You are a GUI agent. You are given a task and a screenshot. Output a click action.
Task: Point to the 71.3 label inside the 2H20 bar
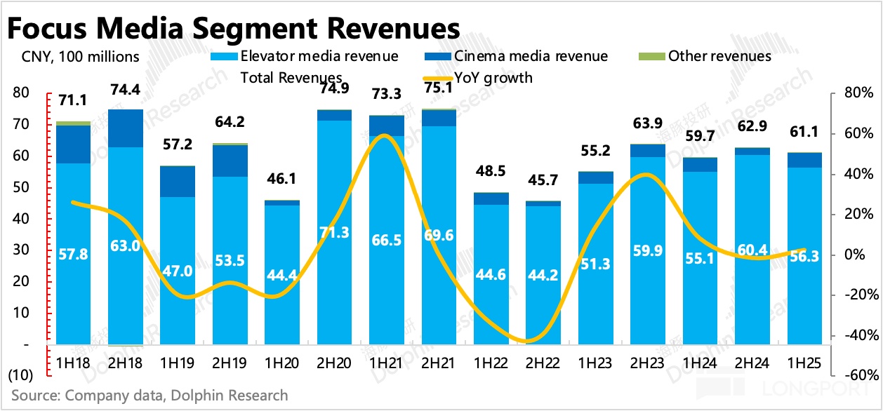coord(335,231)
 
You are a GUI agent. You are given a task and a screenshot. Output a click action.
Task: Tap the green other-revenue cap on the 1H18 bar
coord(74,123)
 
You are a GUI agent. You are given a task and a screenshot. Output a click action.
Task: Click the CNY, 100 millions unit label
coord(75,56)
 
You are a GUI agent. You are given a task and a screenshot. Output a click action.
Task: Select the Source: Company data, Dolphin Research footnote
coord(150,396)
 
